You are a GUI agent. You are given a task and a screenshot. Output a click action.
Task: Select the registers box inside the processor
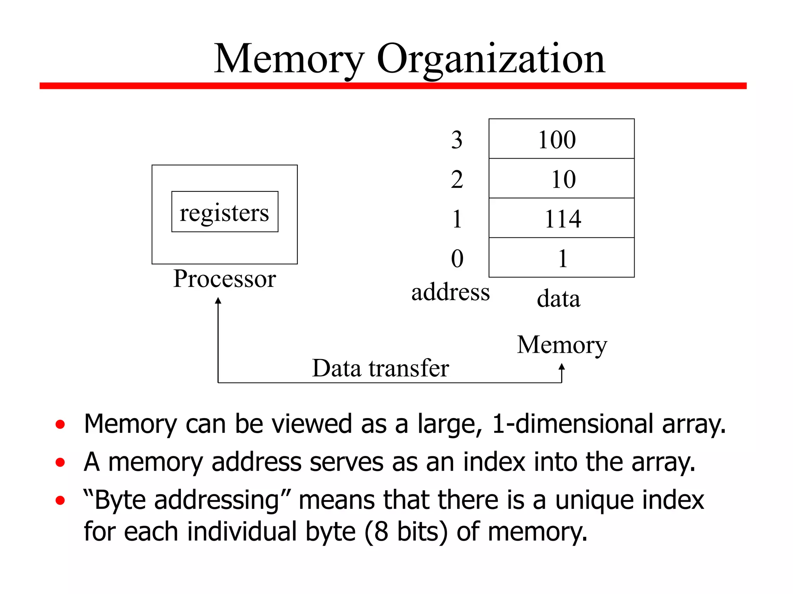(225, 212)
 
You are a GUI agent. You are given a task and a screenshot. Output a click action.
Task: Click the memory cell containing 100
(561, 139)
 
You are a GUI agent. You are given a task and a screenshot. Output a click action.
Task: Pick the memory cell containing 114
(561, 218)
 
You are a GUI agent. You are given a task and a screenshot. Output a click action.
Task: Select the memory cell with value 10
(561, 179)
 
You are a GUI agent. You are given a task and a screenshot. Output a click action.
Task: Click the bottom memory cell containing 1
(561, 258)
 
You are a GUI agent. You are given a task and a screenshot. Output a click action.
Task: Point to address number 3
(457, 140)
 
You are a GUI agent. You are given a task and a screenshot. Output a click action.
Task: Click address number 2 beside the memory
(457, 179)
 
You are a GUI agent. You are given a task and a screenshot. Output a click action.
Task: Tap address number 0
(457, 258)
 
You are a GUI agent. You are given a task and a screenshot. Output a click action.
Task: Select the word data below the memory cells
(558, 299)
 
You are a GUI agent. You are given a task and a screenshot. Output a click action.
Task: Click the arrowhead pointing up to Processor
(218, 300)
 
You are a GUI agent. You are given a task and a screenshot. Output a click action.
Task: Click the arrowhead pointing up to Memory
(561, 366)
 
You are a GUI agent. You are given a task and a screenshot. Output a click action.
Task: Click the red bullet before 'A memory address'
(60, 462)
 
